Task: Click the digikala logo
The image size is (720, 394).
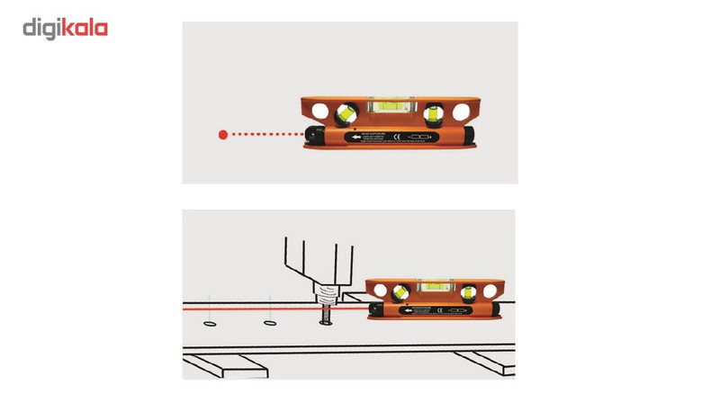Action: tap(65, 28)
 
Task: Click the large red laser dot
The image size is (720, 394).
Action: tap(222, 135)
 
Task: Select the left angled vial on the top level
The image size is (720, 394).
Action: tap(345, 113)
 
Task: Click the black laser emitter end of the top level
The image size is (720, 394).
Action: tap(316, 136)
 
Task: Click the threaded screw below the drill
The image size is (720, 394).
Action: tap(323, 316)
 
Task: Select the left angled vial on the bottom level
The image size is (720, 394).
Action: tap(400, 291)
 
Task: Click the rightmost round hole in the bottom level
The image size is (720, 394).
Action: tap(491, 291)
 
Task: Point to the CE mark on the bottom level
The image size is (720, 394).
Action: tap(440, 311)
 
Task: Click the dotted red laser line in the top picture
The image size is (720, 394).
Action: tap(265, 135)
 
